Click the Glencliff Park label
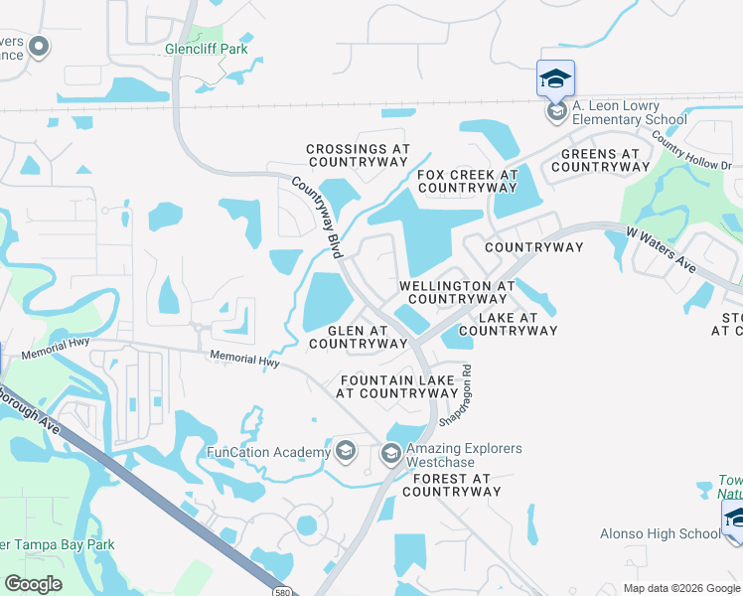pos(207,49)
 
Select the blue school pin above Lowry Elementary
pos(556,78)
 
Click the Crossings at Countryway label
pos(358,154)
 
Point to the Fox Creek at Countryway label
pos(468,180)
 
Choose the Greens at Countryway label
pos(601,160)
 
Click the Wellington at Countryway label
pos(457,292)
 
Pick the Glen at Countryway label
pos(358,337)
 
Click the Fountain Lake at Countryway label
pos(397,386)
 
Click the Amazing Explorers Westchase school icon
pos(390,455)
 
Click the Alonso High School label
pos(660,533)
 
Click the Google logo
pos(34,584)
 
